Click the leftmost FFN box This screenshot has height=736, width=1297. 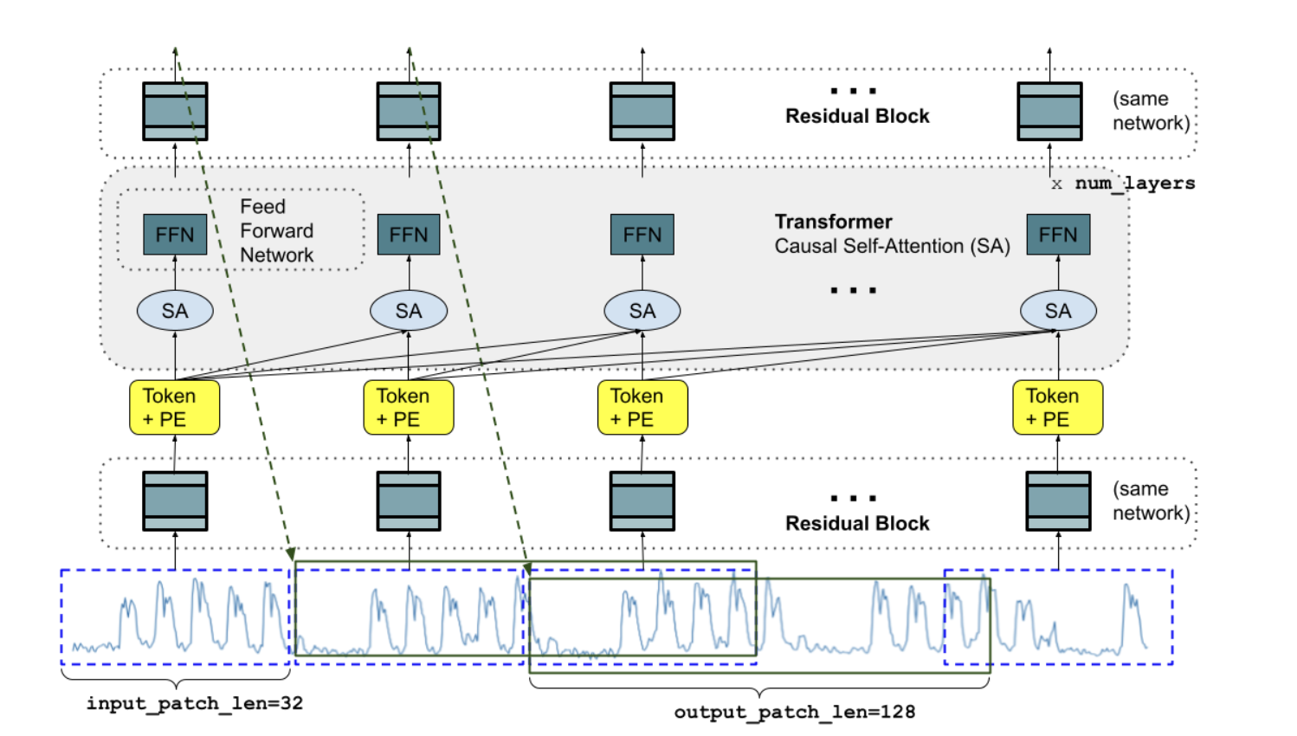tap(175, 235)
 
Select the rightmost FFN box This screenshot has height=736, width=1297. tap(1058, 235)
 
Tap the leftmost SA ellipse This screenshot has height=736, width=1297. tap(175, 311)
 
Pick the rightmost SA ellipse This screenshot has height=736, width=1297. tap(1058, 311)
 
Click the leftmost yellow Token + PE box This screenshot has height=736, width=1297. tap(174, 407)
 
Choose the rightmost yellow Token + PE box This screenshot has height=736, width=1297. tap(1057, 407)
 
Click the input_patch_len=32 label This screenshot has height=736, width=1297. tap(195, 703)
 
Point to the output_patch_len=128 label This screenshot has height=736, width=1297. tap(794, 712)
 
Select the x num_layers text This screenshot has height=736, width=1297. tap(1123, 184)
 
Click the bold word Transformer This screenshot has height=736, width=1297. tap(833, 222)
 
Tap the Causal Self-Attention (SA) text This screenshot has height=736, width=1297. tap(892, 246)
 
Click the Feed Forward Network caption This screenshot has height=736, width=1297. tap(276, 231)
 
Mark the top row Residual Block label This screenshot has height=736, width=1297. tap(857, 116)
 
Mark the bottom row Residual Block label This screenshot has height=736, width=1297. tap(857, 523)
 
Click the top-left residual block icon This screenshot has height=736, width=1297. tap(175, 111)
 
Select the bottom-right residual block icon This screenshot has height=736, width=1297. tap(1058, 500)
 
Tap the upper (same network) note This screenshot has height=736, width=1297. tap(1150, 111)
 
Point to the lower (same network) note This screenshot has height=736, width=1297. tap(1150, 500)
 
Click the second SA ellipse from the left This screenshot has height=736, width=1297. tap(409, 311)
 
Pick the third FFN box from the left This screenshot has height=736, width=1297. tap(642, 235)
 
